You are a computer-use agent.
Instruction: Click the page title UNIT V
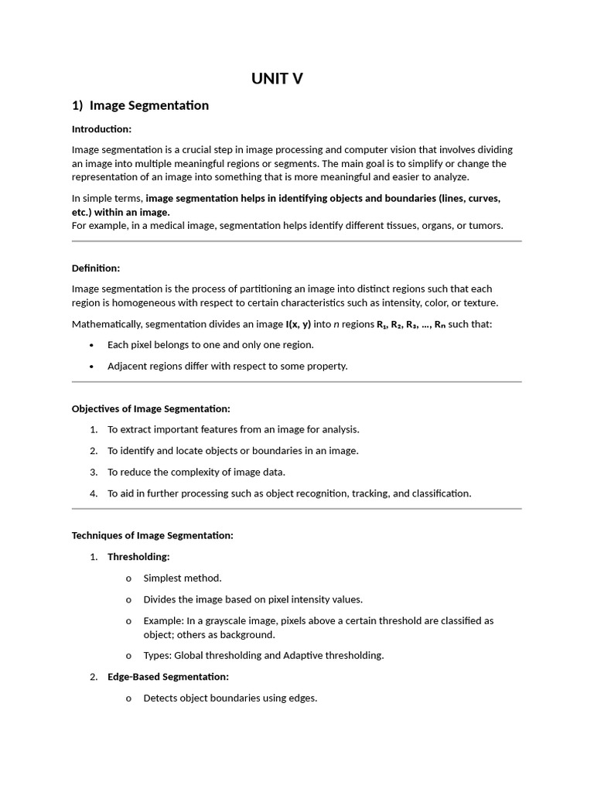pyautogui.click(x=277, y=78)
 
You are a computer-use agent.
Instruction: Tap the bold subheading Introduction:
pyautogui.click(x=101, y=129)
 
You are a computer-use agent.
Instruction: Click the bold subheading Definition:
pyautogui.click(x=96, y=268)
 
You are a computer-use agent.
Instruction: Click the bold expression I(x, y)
pyautogui.click(x=298, y=324)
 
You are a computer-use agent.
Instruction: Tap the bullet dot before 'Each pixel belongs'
pyautogui.click(x=92, y=345)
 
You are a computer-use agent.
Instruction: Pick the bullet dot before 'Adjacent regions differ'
pyautogui.click(x=92, y=367)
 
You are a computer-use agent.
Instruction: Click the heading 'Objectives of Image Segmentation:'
pyautogui.click(x=151, y=408)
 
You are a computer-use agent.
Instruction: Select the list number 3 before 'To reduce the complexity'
pyautogui.click(x=93, y=472)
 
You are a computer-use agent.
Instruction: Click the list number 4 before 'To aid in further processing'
pyautogui.click(x=93, y=493)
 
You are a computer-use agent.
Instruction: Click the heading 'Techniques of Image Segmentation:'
pyautogui.click(x=152, y=535)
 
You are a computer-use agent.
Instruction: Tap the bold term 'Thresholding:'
pyautogui.click(x=138, y=557)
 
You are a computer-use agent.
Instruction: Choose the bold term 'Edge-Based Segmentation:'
pyautogui.click(x=168, y=677)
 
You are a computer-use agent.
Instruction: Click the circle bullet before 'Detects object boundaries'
pyautogui.click(x=128, y=698)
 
